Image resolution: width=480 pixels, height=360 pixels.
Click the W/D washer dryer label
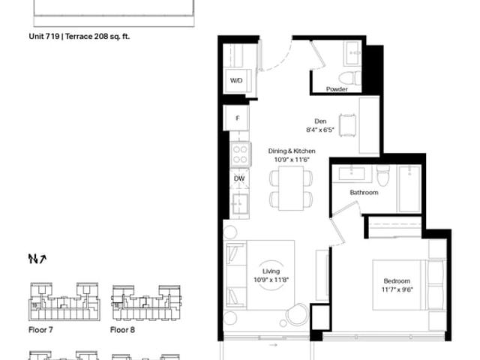(x=236, y=80)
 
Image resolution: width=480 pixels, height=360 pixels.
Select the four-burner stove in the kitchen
(x=240, y=154)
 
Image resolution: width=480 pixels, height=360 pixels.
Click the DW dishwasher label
(x=239, y=178)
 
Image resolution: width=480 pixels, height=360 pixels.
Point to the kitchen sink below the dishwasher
(x=240, y=204)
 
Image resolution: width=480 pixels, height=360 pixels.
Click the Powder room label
(x=337, y=89)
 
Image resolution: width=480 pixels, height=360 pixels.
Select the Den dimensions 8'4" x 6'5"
(x=320, y=130)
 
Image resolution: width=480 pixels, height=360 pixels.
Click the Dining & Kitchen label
(x=292, y=151)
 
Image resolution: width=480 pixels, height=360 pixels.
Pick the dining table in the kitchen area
(x=291, y=188)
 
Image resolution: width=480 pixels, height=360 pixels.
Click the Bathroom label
(x=364, y=193)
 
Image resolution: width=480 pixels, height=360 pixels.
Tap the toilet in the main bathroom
(x=382, y=175)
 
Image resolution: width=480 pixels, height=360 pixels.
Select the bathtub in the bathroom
(x=409, y=188)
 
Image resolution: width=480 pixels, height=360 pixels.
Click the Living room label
(x=271, y=271)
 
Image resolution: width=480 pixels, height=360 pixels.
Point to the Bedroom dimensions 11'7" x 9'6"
(x=397, y=289)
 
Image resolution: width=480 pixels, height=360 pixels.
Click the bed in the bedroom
(x=408, y=285)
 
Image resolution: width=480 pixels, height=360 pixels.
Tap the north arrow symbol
(x=37, y=259)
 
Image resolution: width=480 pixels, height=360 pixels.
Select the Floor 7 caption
(x=40, y=330)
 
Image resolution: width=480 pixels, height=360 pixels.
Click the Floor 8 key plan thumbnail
(x=146, y=303)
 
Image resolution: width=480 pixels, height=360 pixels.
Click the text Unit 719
(x=44, y=37)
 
